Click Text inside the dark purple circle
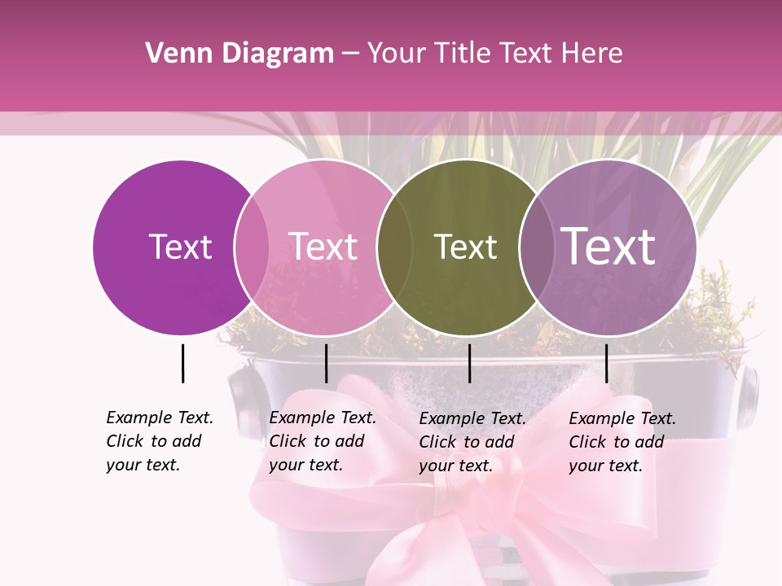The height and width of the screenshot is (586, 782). (180, 247)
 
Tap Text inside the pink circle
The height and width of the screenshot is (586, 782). (323, 247)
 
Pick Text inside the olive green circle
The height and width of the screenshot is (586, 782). (465, 247)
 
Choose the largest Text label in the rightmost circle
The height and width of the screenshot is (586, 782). (608, 247)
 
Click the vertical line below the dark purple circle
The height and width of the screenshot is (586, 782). (182, 363)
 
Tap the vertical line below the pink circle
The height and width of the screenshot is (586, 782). (326, 363)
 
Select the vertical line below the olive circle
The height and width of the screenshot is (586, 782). (469, 363)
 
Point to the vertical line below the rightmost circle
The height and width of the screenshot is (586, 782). (606, 363)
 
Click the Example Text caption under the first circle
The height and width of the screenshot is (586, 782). (159, 441)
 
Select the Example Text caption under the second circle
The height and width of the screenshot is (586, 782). (322, 441)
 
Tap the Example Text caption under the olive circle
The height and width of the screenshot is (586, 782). (472, 442)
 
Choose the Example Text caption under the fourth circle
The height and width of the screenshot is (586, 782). (622, 442)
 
